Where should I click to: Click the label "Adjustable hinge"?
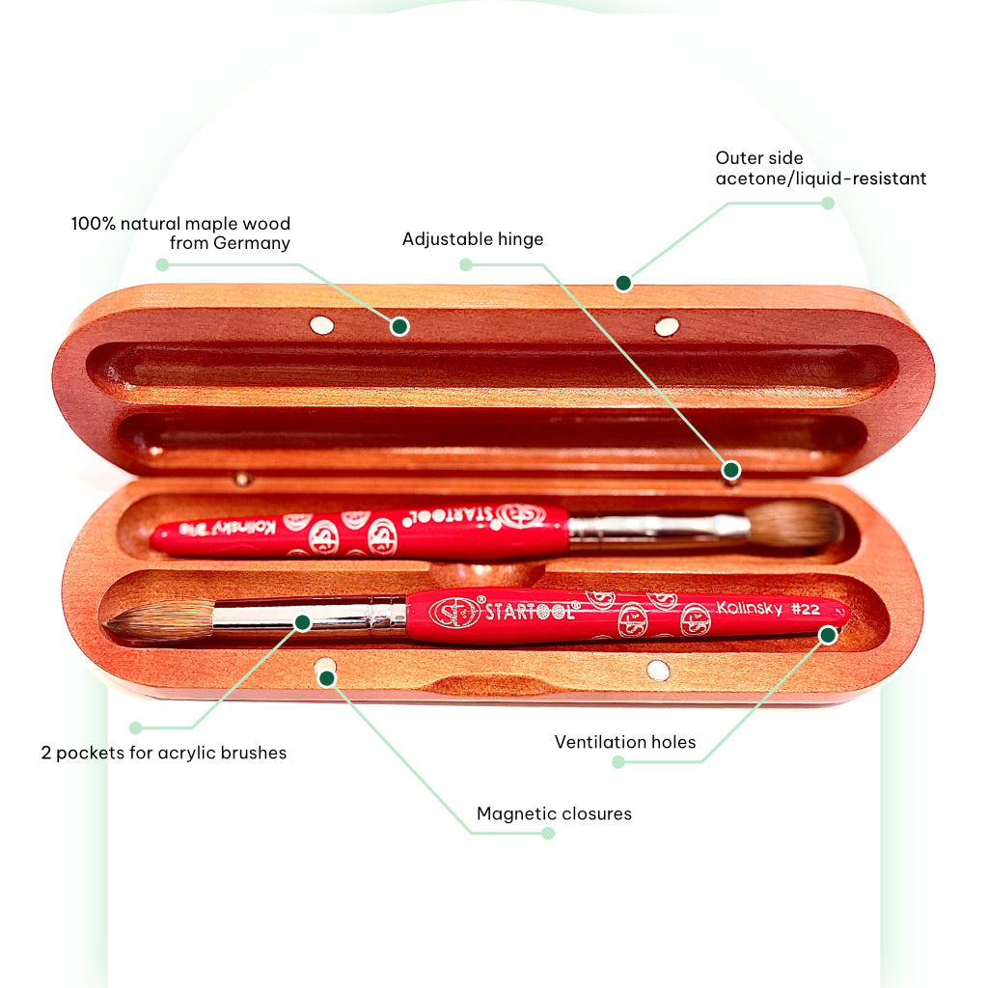[x=473, y=239]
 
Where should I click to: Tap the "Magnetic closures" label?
[x=554, y=813]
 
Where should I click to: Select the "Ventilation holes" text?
[x=625, y=742]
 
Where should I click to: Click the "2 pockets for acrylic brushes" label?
[x=164, y=753]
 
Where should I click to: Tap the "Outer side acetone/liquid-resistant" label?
[x=820, y=168]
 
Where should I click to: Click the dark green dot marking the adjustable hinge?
[x=730, y=470]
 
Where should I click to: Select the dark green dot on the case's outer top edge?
[x=623, y=283]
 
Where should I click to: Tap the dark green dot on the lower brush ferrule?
[x=302, y=622]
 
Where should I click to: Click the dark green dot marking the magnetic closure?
[x=327, y=678]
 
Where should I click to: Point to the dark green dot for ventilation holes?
[x=828, y=634]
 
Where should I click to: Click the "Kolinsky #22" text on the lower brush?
[x=767, y=608]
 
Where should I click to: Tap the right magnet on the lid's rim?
[x=667, y=327]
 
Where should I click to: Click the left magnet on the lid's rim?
[x=321, y=325]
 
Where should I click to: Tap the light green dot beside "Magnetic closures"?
[x=548, y=833]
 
